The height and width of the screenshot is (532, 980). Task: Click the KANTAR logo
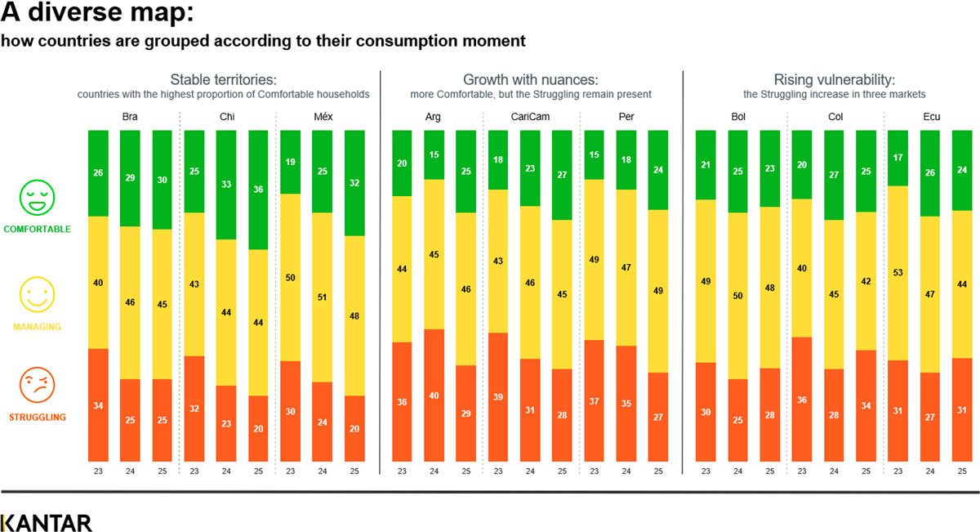pos(47,523)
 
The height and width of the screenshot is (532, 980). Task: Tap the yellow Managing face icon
pos(37,294)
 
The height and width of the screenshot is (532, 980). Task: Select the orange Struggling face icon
pos(37,385)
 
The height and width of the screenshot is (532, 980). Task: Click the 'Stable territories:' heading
pos(223,80)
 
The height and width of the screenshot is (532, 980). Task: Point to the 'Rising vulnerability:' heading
pos(834,80)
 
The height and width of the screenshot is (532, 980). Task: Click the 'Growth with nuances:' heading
pos(531,80)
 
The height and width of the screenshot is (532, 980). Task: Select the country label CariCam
pos(530,117)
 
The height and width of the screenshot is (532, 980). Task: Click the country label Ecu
pos(930,117)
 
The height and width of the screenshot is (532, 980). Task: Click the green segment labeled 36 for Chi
pos(258,190)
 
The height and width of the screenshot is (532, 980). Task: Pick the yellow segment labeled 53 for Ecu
pos(898,273)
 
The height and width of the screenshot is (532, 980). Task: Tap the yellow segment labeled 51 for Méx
pos(323,297)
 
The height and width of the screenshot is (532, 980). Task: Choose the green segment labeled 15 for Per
pos(595,154)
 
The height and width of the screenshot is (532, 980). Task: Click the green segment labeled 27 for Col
pos(834,175)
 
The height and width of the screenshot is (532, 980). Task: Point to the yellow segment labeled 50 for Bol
pos(737,296)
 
